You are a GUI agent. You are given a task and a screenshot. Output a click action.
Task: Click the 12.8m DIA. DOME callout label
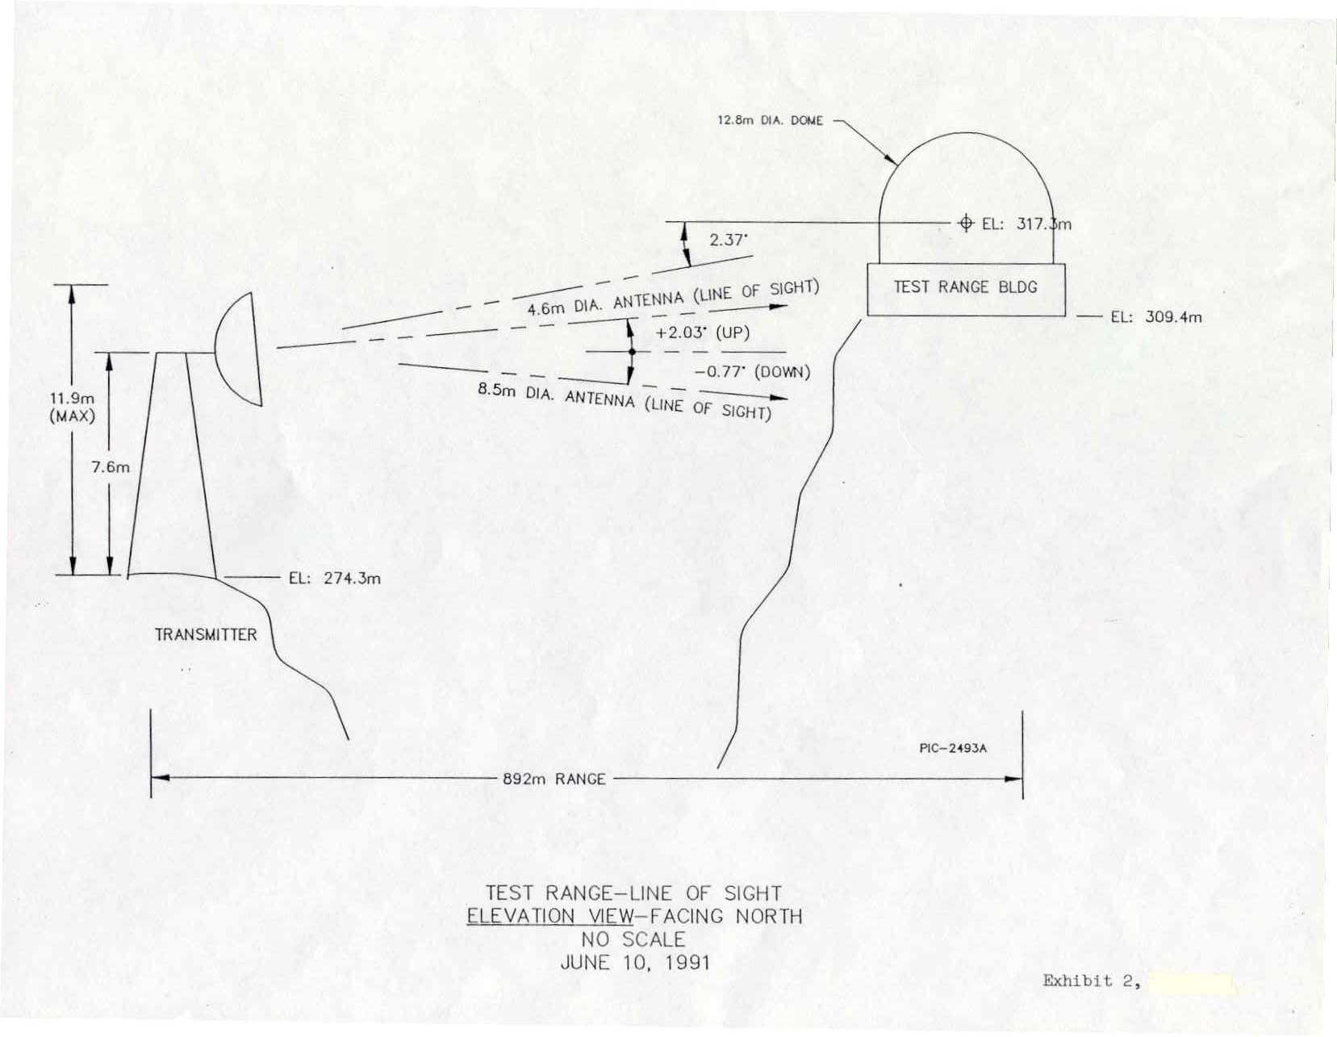(770, 120)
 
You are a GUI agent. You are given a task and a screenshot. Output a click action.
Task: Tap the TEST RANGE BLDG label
(965, 287)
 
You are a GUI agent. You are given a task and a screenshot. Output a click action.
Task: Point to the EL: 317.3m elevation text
(1026, 224)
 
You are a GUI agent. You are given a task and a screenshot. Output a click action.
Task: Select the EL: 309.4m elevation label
(1156, 317)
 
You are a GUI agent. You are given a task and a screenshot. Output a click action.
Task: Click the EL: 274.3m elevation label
(335, 578)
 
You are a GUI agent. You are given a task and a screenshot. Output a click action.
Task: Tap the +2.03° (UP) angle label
(703, 333)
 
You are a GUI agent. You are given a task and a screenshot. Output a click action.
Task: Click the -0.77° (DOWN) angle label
(752, 372)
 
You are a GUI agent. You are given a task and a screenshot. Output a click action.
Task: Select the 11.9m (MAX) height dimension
(72, 408)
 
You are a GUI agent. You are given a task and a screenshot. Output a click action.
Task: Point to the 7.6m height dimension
(111, 467)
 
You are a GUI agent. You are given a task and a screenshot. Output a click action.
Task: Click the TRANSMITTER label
(206, 635)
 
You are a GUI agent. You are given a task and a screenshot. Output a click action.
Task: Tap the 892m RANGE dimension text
(554, 780)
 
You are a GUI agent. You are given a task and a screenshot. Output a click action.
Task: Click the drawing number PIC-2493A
(953, 749)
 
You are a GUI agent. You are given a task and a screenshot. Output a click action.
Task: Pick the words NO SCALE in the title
(633, 939)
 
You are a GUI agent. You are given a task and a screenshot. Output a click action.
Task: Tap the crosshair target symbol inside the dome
(966, 224)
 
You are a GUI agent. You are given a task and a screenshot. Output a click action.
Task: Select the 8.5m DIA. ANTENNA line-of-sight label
(625, 402)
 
